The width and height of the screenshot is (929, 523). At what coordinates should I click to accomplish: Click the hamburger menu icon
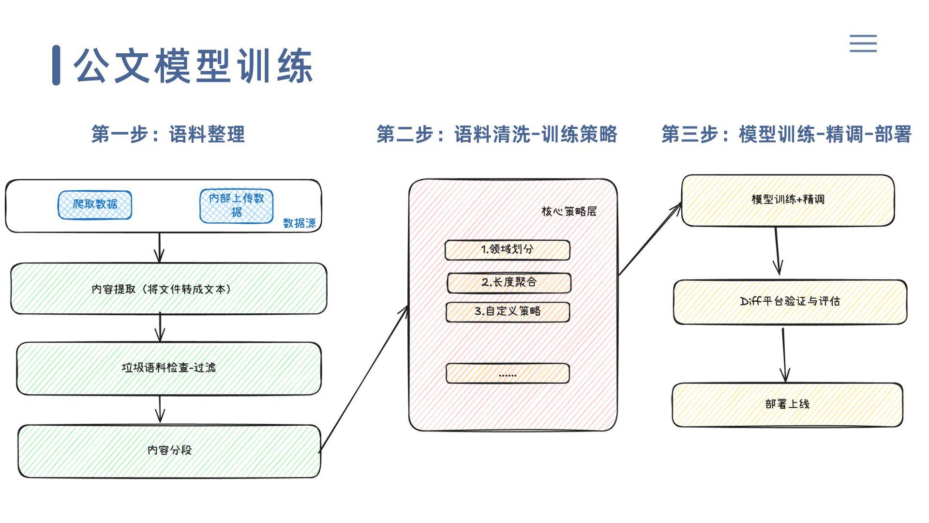pos(863,44)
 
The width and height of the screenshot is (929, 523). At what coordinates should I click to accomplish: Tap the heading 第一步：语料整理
pos(168,134)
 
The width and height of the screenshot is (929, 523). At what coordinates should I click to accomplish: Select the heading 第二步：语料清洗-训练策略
pos(497,134)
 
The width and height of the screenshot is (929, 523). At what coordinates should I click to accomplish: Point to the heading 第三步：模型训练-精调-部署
pos(786,134)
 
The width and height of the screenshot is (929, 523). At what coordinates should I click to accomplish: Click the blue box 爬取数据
pos(95,205)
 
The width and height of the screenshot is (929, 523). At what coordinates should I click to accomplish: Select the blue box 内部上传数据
pos(237,206)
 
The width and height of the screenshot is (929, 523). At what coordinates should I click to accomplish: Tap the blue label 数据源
pos(299,223)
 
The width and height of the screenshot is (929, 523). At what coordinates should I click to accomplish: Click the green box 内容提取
pos(168,289)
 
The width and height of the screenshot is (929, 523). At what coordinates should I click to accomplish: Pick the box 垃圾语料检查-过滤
pos(168,368)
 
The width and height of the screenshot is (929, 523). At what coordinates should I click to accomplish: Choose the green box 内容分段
pos(169,451)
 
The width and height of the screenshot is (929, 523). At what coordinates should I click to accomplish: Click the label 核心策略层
pos(569,212)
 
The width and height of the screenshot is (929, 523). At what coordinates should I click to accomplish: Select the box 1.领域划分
pos(507,250)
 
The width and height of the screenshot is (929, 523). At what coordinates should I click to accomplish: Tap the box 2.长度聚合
pos(509,283)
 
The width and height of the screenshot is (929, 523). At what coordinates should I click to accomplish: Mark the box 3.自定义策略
pos(508,312)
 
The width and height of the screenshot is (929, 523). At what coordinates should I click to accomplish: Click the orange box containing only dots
pos(508,374)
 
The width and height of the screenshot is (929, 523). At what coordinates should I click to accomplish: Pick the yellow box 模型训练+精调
pos(788,200)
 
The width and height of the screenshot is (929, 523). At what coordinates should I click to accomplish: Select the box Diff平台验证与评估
pos(790,302)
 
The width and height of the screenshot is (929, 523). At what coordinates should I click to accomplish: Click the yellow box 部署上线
pos(787,405)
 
